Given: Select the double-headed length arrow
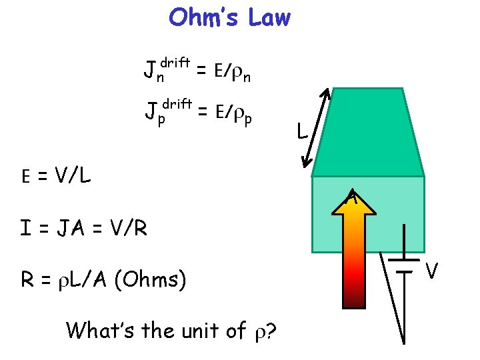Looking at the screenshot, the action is [316, 129].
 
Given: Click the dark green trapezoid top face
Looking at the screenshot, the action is [368, 133].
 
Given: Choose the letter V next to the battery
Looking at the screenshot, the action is [432, 271].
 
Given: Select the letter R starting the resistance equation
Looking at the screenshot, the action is [27, 279].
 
